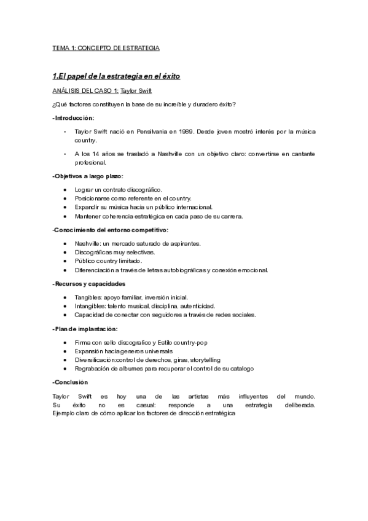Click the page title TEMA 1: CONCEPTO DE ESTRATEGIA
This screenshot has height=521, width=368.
point(106,47)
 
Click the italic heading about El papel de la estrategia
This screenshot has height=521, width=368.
point(116,76)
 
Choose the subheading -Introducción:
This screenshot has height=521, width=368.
point(73,117)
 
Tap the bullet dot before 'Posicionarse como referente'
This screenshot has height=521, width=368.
point(66,198)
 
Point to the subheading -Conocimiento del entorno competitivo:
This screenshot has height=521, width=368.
point(111,230)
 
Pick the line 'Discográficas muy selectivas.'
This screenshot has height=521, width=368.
point(114,252)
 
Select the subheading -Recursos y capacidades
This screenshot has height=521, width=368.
point(89,284)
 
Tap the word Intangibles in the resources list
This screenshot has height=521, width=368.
point(88,306)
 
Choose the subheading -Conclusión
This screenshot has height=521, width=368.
point(71,382)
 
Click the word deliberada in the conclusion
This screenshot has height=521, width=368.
point(297,405)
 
